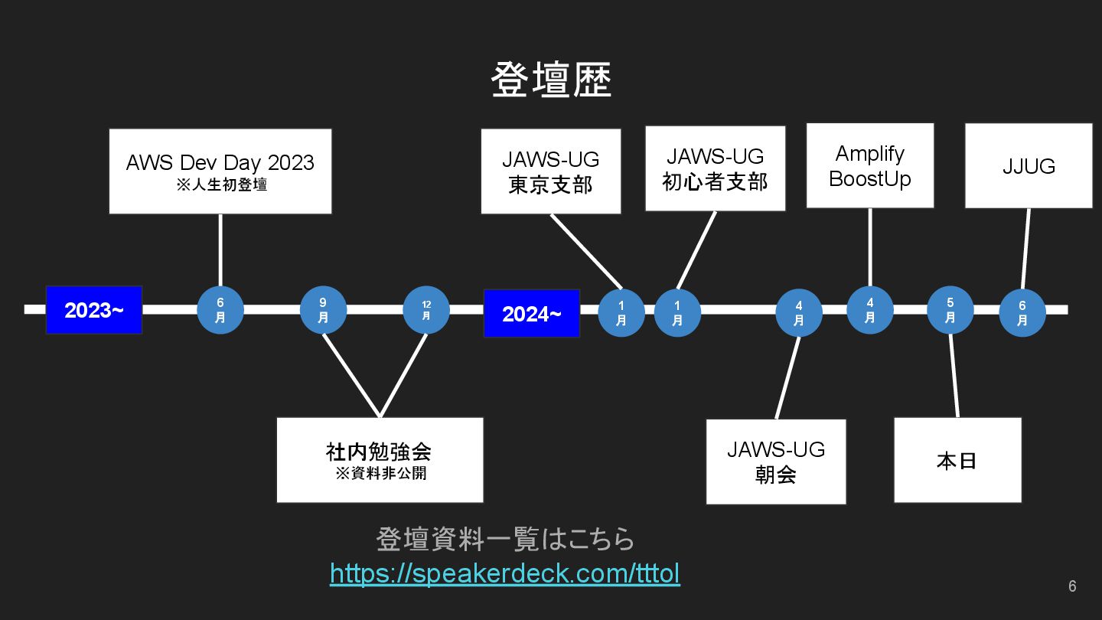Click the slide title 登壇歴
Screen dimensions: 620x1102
[551, 80]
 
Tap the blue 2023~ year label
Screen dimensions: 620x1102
[94, 310]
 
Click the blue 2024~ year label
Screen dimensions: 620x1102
[531, 313]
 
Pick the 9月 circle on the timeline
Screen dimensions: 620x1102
[323, 310]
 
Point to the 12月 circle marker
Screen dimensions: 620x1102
[426, 310]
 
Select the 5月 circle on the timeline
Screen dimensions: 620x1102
[950, 310]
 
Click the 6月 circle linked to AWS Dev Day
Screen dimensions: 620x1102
[220, 310]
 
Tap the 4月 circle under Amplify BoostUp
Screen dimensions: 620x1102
[870, 310]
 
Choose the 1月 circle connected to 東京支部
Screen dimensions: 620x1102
[621, 313]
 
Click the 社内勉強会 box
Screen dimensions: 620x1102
[380, 459]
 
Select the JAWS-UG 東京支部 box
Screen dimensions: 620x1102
[551, 171]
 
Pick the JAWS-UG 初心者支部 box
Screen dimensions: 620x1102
[715, 168]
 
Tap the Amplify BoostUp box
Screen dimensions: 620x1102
[870, 165]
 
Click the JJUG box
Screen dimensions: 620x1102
[1029, 165]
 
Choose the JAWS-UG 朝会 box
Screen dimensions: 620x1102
[776, 461]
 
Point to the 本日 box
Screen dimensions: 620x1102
[957, 460]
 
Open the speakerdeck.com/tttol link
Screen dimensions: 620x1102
[505, 573]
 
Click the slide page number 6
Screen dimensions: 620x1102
[1072, 586]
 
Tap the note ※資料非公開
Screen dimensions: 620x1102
[380, 474]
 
